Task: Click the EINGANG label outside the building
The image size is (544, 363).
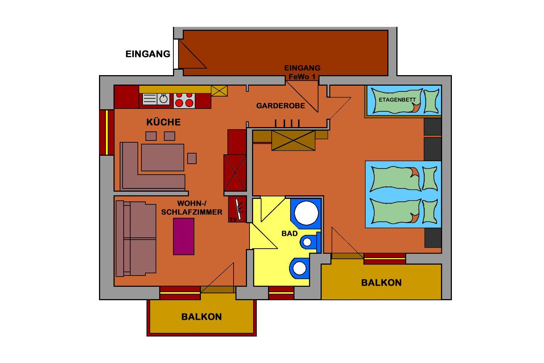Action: pyautogui.click(x=148, y=54)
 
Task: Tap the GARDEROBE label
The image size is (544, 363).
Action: pyautogui.click(x=280, y=106)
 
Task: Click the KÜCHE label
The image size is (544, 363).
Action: pyautogui.click(x=164, y=122)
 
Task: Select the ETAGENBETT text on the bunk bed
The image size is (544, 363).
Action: pyautogui.click(x=397, y=100)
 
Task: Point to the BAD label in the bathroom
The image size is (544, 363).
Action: pyautogui.click(x=289, y=234)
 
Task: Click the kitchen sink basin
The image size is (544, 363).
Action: pyautogui.click(x=164, y=99)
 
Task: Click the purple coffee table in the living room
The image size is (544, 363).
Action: pyautogui.click(x=184, y=236)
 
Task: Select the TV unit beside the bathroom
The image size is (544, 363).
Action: pyautogui.click(x=237, y=209)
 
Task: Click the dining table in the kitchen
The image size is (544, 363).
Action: pyautogui.click(x=162, y=158)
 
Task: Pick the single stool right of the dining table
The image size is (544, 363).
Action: pyautogui.click(x=192, y=158)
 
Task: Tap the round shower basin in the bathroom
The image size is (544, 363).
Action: pyautogui.click(x=306, y=213)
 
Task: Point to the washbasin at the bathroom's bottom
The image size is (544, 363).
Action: pyautogui.click(x=300, y=268)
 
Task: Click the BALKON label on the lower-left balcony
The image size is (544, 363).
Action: pyautogui.click(x=202, y=317)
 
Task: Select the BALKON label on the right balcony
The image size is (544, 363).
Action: pyautogui.click(x=381, y=283)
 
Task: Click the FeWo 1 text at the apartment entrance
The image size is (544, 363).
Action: pyautogui.click(x=302, y=77)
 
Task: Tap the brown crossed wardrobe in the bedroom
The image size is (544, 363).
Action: pyautogui.click(x=293, y=140)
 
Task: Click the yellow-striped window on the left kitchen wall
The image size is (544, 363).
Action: pyautogui.click(x=107, y=132)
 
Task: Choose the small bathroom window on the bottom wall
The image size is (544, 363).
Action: pyautogui.click(x=281, y=293)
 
